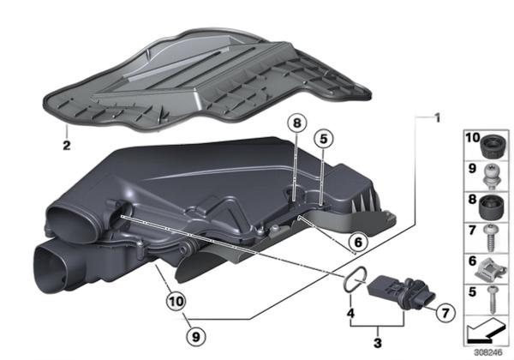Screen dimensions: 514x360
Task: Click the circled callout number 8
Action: [296, 123]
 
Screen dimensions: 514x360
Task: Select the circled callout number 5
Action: [323, 139]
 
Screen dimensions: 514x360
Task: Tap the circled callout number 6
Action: [358, 243]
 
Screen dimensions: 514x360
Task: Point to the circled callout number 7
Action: [445, 313]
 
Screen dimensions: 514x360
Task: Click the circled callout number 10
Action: [176, 302]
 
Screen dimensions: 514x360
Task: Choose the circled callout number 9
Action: [195, 336]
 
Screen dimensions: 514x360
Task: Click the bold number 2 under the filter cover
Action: [67, 145]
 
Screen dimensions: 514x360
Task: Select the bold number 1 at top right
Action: [437, 118]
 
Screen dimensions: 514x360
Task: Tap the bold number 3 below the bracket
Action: [378, 343]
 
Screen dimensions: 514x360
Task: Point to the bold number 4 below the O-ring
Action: [350, 313]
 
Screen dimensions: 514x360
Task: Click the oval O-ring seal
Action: [355, 278]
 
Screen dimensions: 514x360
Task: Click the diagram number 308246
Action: [488, 353]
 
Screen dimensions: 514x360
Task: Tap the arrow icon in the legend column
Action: [486, 332]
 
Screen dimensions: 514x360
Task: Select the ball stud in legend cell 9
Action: [493, 177]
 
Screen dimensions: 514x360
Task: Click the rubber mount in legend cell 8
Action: [492, 207]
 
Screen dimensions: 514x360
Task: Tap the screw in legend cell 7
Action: [491, 237]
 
